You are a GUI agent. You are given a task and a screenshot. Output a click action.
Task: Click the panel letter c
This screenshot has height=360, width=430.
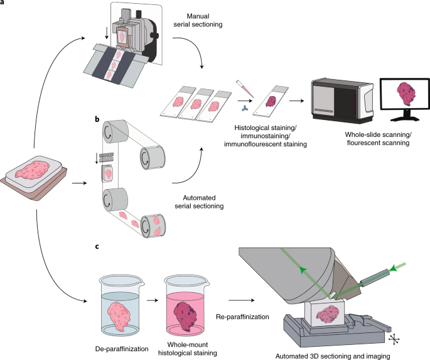96,247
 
